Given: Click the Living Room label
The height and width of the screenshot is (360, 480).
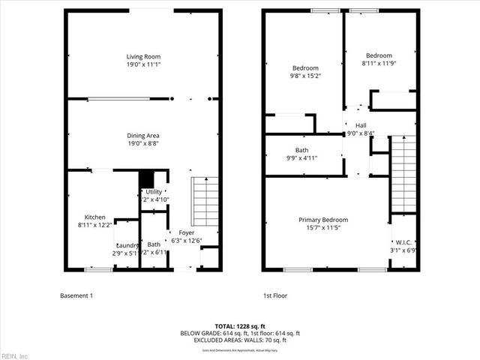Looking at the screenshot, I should click(x=142, y=56).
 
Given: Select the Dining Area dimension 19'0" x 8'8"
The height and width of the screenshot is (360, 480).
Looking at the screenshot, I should click(x=142, y=144).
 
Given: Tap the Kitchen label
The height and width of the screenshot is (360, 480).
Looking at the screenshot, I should click(x=94, y=217).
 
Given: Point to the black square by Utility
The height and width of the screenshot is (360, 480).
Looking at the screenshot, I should click(x=146, y=180).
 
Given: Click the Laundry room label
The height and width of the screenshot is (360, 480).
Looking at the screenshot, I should click(x=126, y=245).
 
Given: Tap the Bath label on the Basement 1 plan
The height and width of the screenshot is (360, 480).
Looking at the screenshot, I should click(x=154, y=244).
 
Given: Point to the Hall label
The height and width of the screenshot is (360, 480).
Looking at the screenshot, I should click(x=361, y=125).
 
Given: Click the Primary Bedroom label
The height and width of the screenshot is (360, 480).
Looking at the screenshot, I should click(x=323, y=220).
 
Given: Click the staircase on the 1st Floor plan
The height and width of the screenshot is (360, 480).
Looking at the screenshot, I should click(x=403, y=172).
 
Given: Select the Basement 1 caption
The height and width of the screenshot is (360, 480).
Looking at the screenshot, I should click(x=76, y=295).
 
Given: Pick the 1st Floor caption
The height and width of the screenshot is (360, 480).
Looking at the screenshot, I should click(x=276, y=295).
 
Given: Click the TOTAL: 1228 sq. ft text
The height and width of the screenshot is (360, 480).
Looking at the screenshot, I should click(x=240, y=325).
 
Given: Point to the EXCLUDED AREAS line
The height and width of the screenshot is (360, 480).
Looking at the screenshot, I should click(x=240, y=340).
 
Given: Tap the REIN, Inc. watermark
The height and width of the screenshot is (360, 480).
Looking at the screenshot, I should click(x=15, y=355).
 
